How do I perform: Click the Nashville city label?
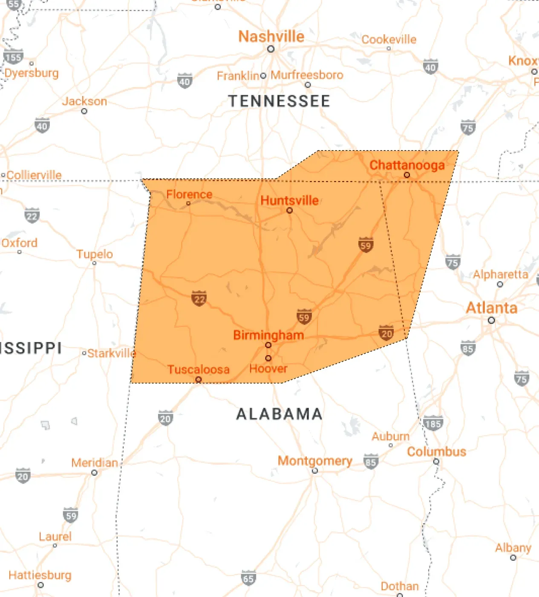[x=271, y=37]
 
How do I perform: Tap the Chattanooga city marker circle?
[x=407, y=175]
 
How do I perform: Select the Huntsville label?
[x=289, y=200]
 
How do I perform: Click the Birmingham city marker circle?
[x=268, y=345]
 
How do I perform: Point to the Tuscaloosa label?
[x=198, y=369]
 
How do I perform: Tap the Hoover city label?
[x=268, y=368]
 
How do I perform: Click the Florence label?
[x=189, y=194]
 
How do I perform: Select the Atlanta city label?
[x=491, y=308]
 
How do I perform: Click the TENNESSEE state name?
[x=279, y=101]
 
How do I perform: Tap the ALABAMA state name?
[x=279, y=414]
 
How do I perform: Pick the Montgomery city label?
[x=315, y=461]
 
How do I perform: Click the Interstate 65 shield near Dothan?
[x=248, y=578]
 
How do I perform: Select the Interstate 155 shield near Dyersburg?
[x=13, y=57]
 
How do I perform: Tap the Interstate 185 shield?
[x=433, y=423]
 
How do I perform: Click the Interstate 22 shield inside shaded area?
[x=199, y=298]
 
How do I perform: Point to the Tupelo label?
[x=95, y=254]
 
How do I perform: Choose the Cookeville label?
[x=389, y=40]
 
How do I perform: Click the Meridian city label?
[x=94, y=463]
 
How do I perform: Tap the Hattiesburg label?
[x=40, y=575]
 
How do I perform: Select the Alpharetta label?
[x=500, y=275]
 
